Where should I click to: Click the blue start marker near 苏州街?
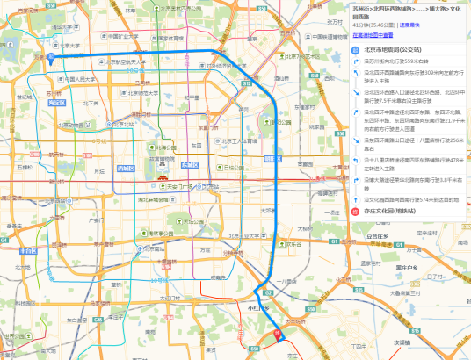tap(52, 59)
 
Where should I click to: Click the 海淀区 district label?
tap(60, 102)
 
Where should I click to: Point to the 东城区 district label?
tap(190, 165)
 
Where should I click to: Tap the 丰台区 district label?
tap(28, 250)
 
